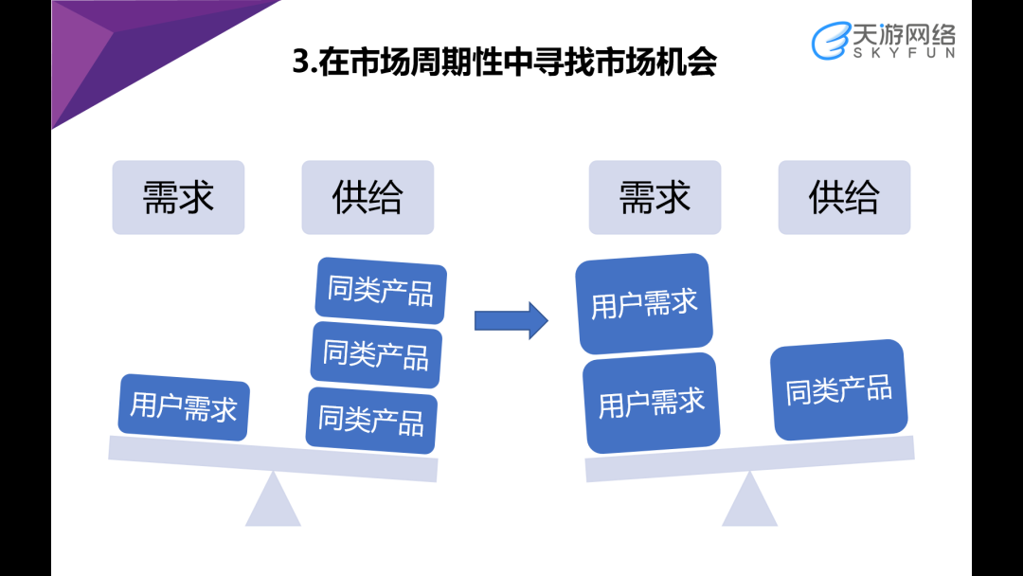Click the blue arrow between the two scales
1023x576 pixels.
[x=511, y=319]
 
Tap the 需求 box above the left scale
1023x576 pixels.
[x=178, y=197]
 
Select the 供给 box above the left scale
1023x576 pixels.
[x=368, y=197]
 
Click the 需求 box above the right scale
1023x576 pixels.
[x=655, y=197]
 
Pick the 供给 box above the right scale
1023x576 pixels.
[x=844, y=197]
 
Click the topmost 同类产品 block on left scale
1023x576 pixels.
[x=380, y=289]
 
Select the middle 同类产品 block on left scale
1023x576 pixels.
[x=376, y=354]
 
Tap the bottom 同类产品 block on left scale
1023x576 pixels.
[x=371, y=418]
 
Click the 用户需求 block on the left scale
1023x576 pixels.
[x=184, y=407]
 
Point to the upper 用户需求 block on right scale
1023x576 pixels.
[x=644, y=304]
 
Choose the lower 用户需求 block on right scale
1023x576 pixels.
[x=651, y=403]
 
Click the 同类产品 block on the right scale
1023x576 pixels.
[x=838, y=389]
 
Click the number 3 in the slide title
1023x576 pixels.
[x=301, y=63]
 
